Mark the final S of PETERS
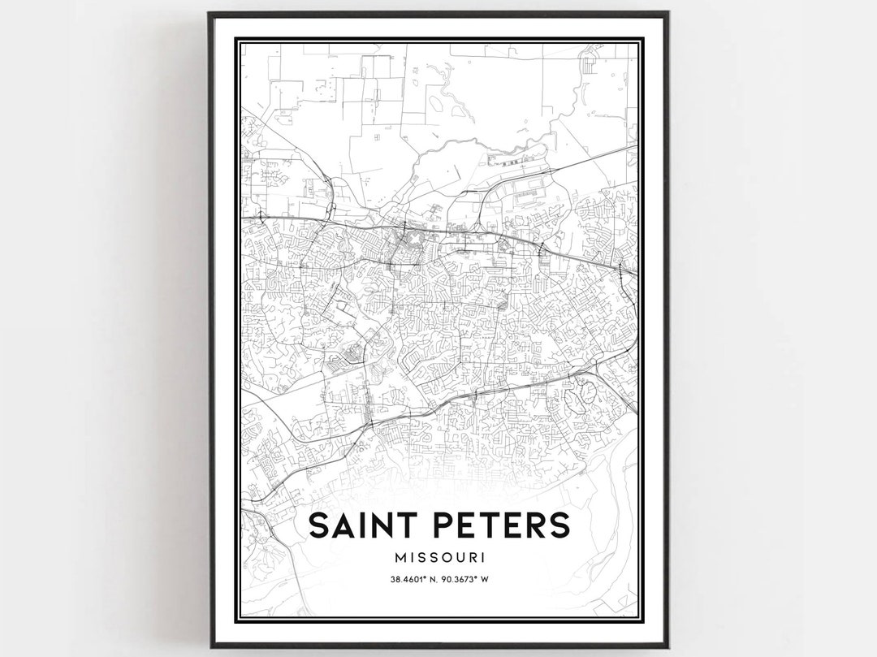(x=559, y=525)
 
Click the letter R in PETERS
(x=534, y=525)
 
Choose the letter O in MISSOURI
(x=446, y=558)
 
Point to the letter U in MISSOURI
(x=460, y=558)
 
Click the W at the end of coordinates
(x=495, y=579)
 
